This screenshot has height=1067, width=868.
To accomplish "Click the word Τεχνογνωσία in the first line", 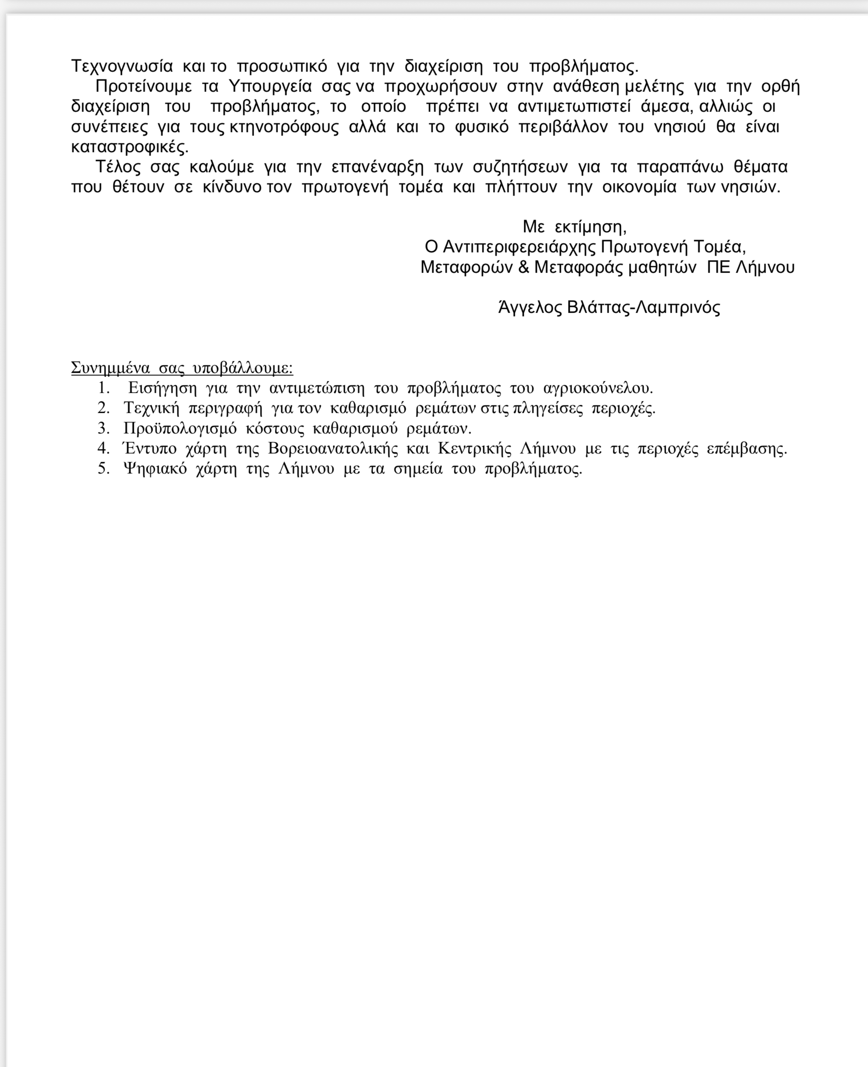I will (122, 66).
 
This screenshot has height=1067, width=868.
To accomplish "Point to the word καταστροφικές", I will (130, 147).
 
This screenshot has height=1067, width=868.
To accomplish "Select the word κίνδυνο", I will (232, 187).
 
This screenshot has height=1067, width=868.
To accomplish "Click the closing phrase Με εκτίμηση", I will (574, 227).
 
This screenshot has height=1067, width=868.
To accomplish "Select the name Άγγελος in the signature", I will (531, 308).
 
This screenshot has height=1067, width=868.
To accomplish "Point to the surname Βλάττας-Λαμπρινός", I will (644, 308).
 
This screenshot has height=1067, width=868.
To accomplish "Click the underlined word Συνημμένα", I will (110, 368).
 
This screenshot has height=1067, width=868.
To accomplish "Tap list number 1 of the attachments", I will (104, 388).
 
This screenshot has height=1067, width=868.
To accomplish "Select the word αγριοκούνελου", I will (598, 388).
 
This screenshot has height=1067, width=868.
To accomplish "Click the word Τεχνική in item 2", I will (151, 409).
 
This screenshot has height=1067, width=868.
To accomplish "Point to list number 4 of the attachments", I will (104, 449).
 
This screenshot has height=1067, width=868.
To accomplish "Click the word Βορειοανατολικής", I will (333, 449).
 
